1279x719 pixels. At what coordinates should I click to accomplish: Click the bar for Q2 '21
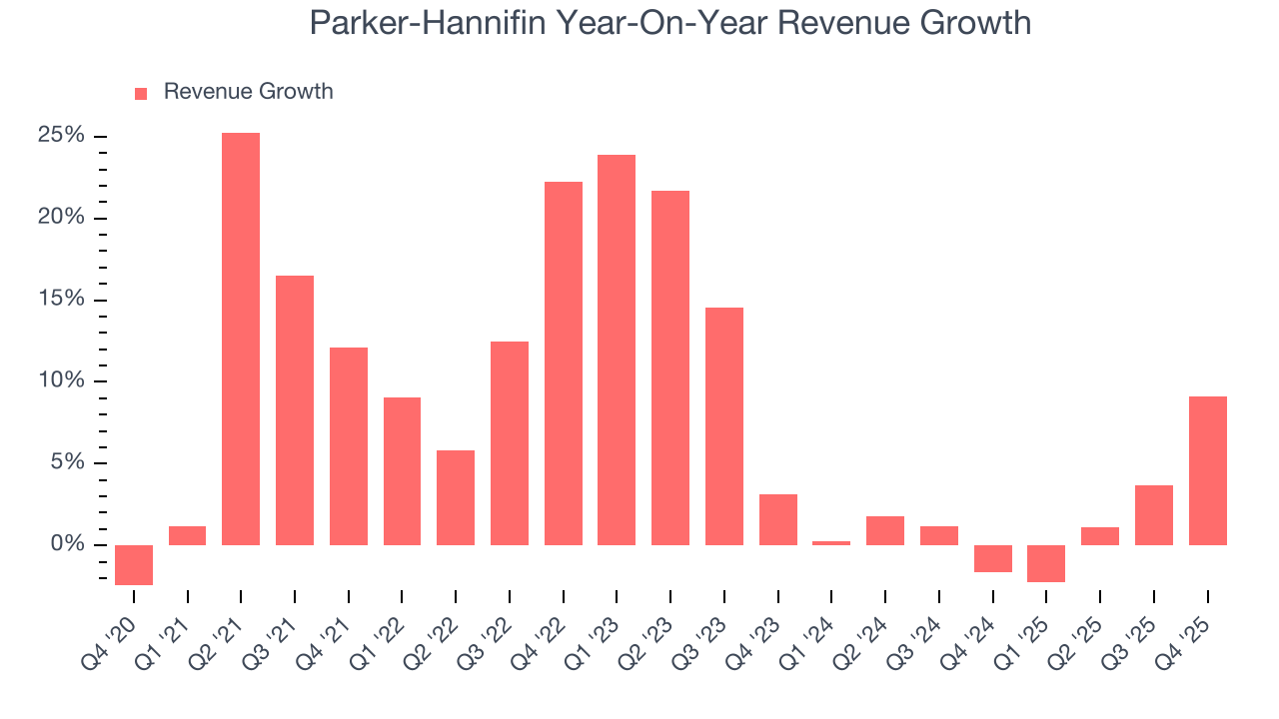click(241, 339)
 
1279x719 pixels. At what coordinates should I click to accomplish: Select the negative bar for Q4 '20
click(134, 564)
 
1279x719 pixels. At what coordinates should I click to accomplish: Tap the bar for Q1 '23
click(617, 350)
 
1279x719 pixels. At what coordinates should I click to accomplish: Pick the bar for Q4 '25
click(1207, 470)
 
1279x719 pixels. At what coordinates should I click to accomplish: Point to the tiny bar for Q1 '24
click(831, 542)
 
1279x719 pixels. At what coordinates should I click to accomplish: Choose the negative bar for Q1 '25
click(1046, 563)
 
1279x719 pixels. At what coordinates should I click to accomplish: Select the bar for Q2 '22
click(456, 497)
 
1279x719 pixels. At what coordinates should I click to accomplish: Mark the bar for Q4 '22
click(563, 363)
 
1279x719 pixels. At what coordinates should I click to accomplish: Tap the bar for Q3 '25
click(1153, 514)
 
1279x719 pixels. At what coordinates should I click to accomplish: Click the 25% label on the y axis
click(62, 136)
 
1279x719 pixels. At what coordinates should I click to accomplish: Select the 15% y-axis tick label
click(62, 300)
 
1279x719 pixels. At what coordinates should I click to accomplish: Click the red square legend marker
click(141, 93)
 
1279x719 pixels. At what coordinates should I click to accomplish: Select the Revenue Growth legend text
click(248, 92)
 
